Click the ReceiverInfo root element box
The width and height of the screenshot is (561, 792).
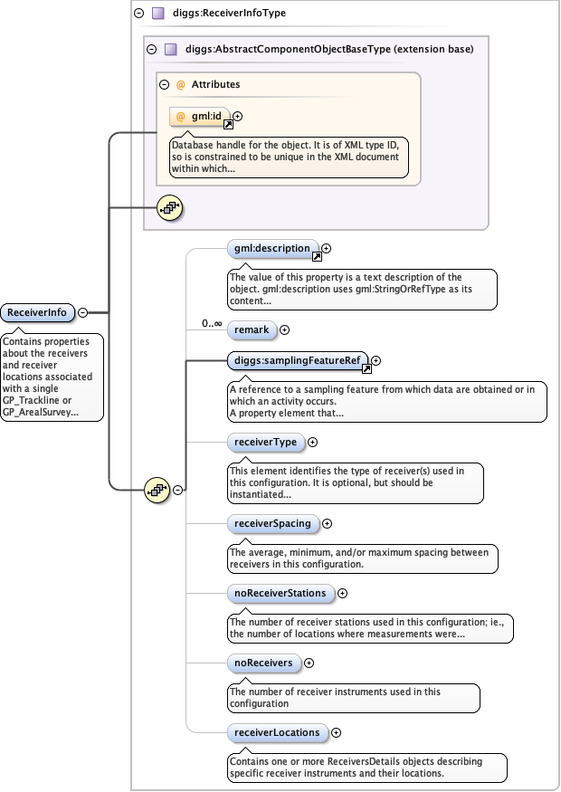pyautogui.click(x=37, y=312)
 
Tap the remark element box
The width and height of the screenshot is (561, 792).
pyautogui.click(x=251, y=329)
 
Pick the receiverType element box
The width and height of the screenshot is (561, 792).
pyautogui.click(x=264, y=442)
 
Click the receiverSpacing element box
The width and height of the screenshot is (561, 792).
pyautogui.click(x=271, y=523)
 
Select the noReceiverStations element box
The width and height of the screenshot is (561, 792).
pyautogui.click(x=280, y=593)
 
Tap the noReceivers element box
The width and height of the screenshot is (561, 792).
pyautogui.click(x=263, y=663)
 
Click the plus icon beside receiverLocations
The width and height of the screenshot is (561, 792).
pyautogui.click(x=336, y=732)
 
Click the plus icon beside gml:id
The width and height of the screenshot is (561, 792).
pyautogui.click(x=238, y=116)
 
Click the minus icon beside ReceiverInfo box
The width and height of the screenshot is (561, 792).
pyautogui.click(x=83, y=312)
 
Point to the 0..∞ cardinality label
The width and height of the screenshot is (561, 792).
pyautogui.click(x=212, y=323)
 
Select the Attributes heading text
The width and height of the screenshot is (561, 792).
pyautogui.click(x=215, y=84)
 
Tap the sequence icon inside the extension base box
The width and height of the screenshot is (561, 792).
pyautogui.click(x=169, y=207)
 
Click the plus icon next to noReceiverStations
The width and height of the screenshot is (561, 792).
pyautogui.click(x=342, y=594)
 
